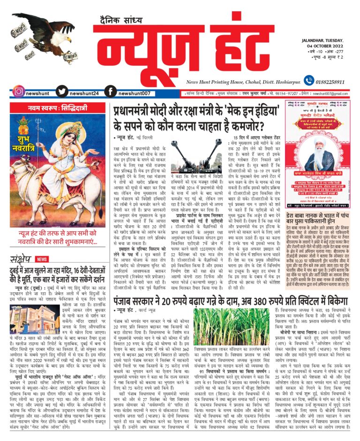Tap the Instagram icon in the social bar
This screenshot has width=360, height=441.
[x=18, y=92]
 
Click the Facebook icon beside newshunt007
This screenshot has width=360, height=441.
[x=110, y=92]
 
